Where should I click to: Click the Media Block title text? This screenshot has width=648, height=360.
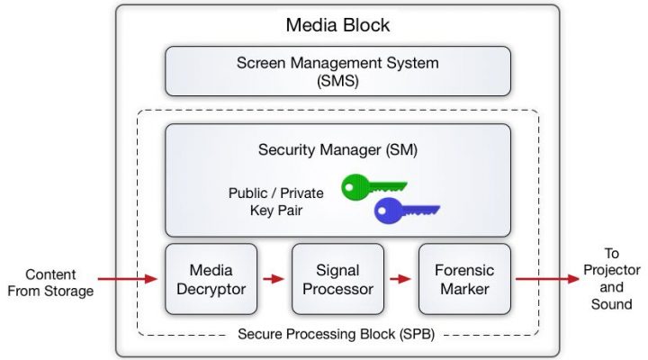click(x=337, y=24)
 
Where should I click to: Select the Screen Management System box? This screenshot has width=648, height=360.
click(x=337, y=71)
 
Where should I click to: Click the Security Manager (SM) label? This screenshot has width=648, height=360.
click(x=337, y=148)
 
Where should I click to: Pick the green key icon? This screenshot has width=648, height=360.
click(x=373, y=187)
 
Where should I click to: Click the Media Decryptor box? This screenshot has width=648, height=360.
click(x=211, y=278)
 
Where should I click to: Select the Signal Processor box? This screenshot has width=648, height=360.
click(x=337, y=278)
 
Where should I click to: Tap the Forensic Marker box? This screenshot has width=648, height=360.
click(x=464, y=278)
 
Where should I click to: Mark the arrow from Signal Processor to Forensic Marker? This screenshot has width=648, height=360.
click(x=400, y=279)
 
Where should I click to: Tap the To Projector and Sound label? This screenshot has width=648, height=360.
click(x=612, y=279)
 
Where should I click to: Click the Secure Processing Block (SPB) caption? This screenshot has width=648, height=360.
click(x=337, y=335)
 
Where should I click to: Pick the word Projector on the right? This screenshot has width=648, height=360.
click(x=612, y=271)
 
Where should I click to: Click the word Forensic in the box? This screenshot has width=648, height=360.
click(x=464, y=270)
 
